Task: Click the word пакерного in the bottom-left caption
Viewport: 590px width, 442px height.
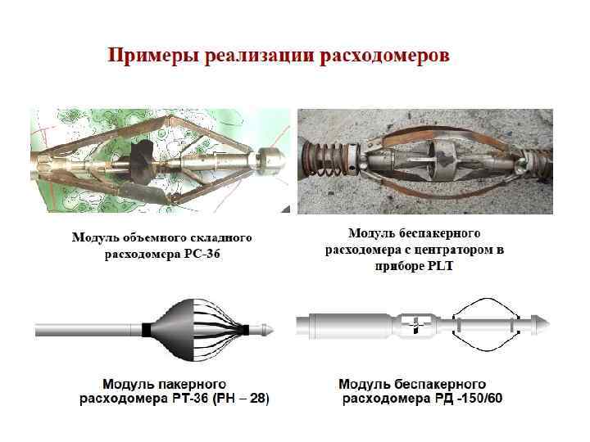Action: coord(189,384)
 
